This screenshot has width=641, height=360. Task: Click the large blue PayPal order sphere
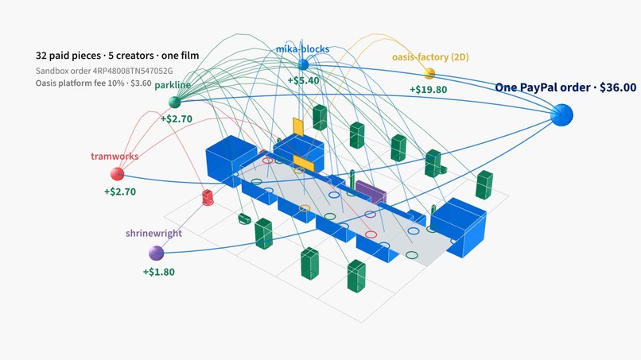(x=561, y=114)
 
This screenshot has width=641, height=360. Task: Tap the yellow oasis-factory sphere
(x=429, y=74)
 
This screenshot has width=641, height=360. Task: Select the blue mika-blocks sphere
(x=303, y=64)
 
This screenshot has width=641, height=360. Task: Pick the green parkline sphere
(x=174, y=103)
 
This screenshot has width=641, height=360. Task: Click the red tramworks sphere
(x=118, y=174)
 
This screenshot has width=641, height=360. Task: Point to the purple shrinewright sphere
(x=156, y=254)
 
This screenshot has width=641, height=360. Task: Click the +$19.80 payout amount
(x=428, y=90)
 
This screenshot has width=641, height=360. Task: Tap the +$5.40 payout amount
(x=303, y=80)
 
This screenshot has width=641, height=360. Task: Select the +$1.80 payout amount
(x=158, y=272)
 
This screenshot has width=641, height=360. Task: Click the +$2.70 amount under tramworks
(x=120, y=192)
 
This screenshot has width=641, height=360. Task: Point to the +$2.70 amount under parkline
(x=177, y=119)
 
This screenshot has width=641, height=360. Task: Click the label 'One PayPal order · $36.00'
(x=565, y=87)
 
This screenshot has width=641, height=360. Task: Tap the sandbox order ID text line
(x=104, y=71)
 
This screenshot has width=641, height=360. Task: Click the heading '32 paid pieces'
(x=68, y=56)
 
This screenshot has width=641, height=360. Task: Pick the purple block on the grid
(x=371, y=192)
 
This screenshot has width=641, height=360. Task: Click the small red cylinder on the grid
(x=208, y=197)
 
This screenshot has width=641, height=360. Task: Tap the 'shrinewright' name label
(x=153, y=234)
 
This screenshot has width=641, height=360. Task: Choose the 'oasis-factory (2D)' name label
(x=430, y=57)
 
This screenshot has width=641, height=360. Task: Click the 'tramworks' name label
(x=115, y=156)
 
